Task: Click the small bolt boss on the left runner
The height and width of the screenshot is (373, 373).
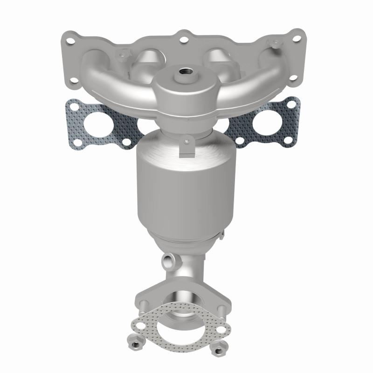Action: pyautogui.click(x=122, y=56)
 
